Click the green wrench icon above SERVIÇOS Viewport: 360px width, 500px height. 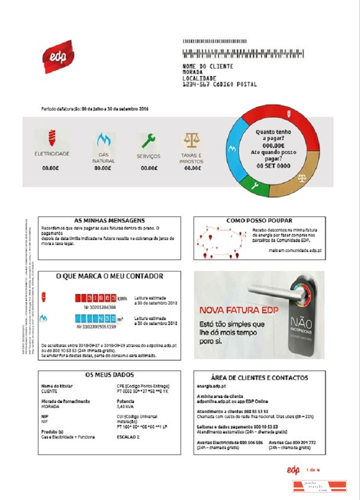[x=148, y=140]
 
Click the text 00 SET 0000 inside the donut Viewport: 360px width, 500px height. [x=273, y=165]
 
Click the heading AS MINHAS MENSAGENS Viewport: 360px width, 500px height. [x=109, y=220]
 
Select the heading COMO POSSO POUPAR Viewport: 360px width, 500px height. [x=259, y=220]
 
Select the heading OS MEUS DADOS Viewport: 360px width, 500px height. [x=109, y=374]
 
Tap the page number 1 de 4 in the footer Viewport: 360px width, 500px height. [x=312, y=469]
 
